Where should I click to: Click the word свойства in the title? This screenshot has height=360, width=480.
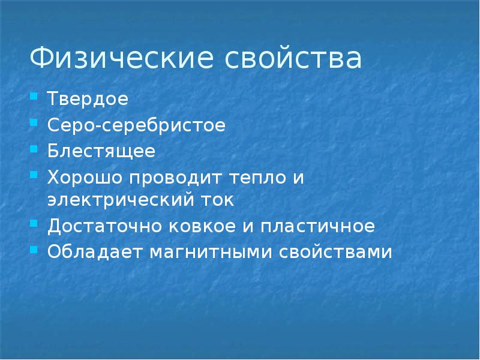pos(293,59)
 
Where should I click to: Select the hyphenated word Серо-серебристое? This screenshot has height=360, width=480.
pos(136,126)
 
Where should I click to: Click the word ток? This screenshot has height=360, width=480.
pos(217,200)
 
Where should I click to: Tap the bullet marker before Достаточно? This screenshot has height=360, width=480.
pos(34,224)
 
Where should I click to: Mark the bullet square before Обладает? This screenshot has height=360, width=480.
pos(34,250)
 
